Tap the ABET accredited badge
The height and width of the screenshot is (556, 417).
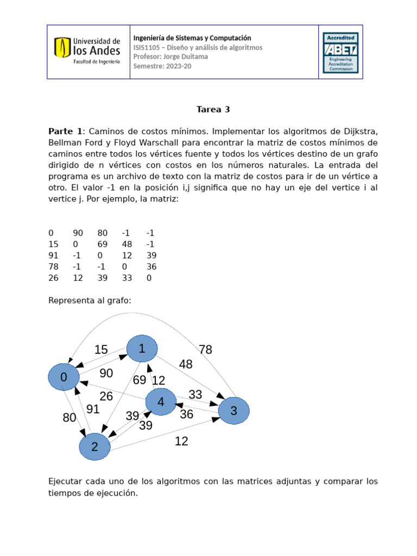340,52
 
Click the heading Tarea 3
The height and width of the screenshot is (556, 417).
213,109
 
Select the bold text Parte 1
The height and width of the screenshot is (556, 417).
65,131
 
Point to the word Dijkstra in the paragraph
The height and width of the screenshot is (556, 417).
355,131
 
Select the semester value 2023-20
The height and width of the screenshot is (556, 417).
179,66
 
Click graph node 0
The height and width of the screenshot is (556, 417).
64,377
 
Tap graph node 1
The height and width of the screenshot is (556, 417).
142,349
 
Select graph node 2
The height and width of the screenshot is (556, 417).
95,446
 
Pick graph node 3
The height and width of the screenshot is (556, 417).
234,410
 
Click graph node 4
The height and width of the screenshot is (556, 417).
161,402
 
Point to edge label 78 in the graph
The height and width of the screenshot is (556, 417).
205,350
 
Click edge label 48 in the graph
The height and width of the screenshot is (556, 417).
186,364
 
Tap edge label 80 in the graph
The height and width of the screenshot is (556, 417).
69,418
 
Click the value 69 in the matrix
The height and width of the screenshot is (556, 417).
103,244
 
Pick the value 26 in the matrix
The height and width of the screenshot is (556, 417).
53,278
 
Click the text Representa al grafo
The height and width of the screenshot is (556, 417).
90,300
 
